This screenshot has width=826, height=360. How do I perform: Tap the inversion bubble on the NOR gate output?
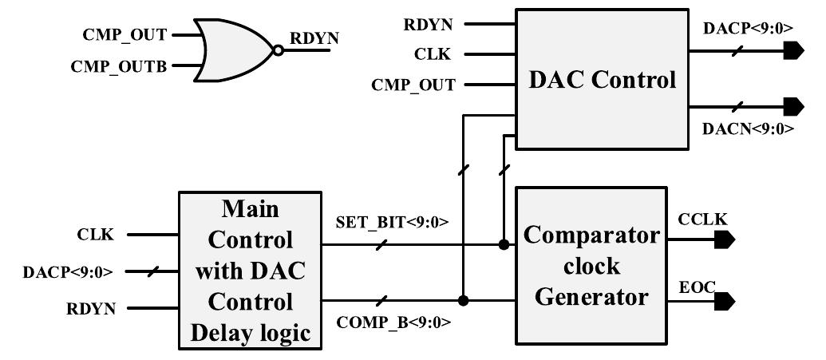pyautogui.click(x=277, y=50)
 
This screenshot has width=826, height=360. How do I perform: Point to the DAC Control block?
pyautogui.click(x=603, y=78)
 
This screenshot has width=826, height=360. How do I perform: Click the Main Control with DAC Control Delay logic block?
pyautogui.click(x=251, y=271)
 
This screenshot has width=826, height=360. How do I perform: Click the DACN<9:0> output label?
pyautogui.click(x=748, y=128)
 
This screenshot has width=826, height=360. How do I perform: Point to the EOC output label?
pyautogui.click(x=694, y=286)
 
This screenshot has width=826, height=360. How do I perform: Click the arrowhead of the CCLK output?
pyautogui.click(x=725, y=239)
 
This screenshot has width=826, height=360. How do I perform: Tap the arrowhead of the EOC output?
pyautogui.click(x=725, y=301)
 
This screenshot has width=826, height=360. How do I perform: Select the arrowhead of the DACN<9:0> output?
pyautogui.click(x=792, y=106)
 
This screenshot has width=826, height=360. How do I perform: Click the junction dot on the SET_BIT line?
pyautogui.click(x=503, y=244)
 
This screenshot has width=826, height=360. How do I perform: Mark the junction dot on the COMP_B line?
pyautogui.click(x=463, y=301)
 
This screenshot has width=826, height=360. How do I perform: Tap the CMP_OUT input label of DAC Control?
pyautogui.click(x=413, y=85)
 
